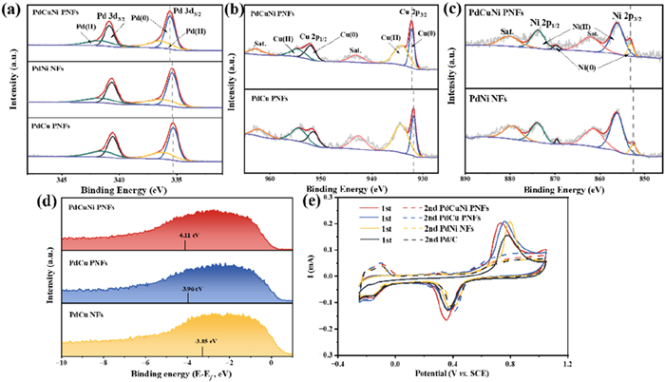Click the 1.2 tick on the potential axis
567,364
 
